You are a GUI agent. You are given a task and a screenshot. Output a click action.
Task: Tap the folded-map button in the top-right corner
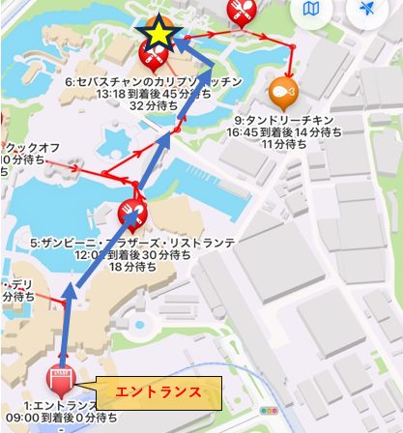(311, 10)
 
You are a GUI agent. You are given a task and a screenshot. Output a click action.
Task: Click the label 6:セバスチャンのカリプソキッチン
(152, 83)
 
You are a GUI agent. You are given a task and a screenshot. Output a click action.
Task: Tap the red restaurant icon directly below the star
(152, 57)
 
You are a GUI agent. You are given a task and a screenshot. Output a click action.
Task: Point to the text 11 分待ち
(257, 143)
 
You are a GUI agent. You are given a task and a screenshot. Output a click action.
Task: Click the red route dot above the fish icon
(290, 48)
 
